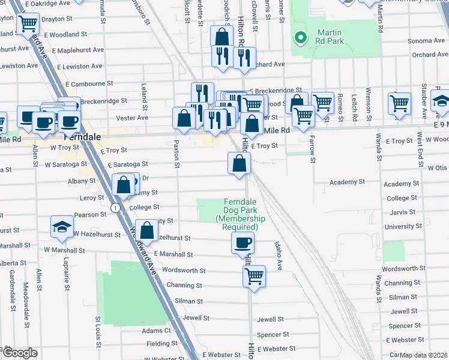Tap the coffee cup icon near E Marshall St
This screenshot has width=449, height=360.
click(x=243, y=242)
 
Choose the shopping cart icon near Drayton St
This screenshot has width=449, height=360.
click(x=28, y=24)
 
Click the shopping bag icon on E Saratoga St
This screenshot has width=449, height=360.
click(x=239, y=163)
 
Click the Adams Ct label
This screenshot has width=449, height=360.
click(x=156, y=331)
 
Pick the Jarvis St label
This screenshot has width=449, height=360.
click(x=401, y=212)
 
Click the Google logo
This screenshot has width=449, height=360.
click(x=19, y=352)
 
